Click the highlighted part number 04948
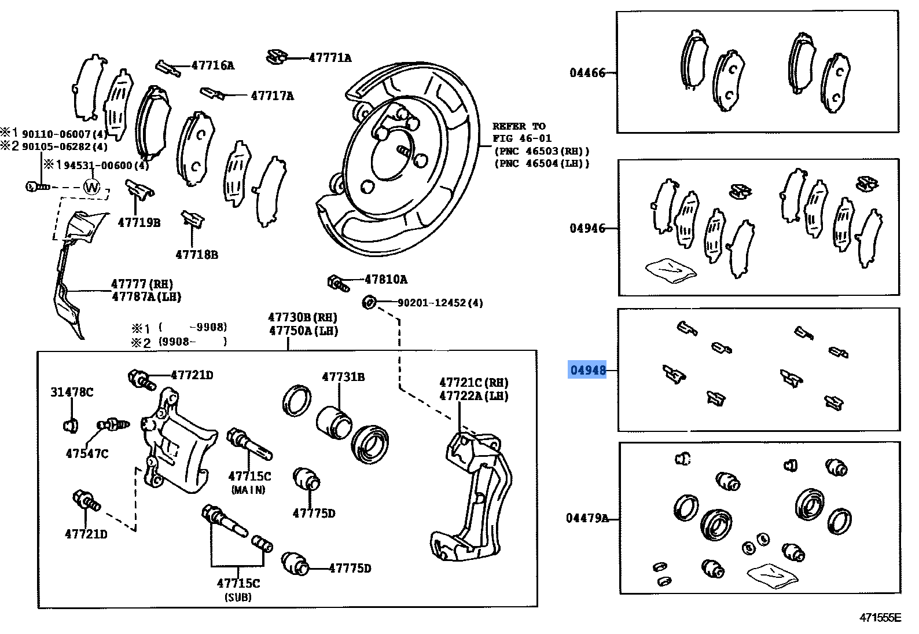pyautogui.click(x=587, y=370)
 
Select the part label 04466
pyautogui.click(x=587, y=73)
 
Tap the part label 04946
pyautogui.click(x=587, y=228)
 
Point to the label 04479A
pyautogui.click(x=587, y=518)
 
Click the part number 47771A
pyautogui.click(x=330, y=58)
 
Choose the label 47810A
pyautogui.click(x=385, y=280)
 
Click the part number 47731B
pyautogui.click(x=343, y=377)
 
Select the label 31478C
pyautogui.click(x=72, y=392)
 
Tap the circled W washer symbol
pyautogui.click(x=91, y=188)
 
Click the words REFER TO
pyautogui.click(x=519, y=126)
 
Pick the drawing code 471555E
pyautogui.click(x=880, y=618)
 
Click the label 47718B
pyautogui.click(x=197, y=254)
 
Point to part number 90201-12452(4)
pyautogui.click(x=440, y=303)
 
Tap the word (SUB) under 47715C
pyautogui.click(x=238, y=597)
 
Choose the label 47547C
pyautogui.click(x=87, y=453)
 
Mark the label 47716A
pyautogui.click(x=212, y=65)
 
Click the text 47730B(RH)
pyautogui.click(x=302, y=317)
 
